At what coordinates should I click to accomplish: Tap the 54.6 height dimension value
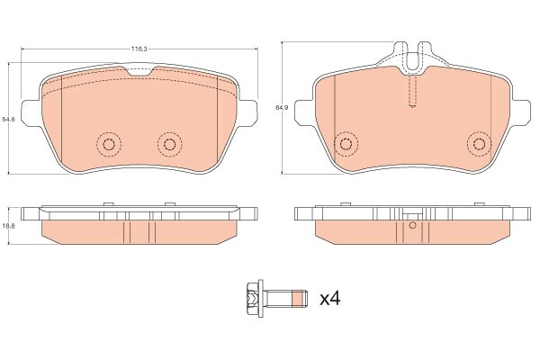[x=8, y=119]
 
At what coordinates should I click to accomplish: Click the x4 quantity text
[x=330, y=297]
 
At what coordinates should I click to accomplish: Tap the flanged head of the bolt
[x=253, y=297]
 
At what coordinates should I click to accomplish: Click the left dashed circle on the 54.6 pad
[x=109, y=144]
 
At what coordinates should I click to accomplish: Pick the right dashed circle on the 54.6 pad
[x=168, y=144]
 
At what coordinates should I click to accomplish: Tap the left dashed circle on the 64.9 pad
[x=343, y=144]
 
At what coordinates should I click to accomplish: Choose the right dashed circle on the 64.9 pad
[x=478, y=144]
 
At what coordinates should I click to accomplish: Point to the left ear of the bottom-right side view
[x=300, y=213]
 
